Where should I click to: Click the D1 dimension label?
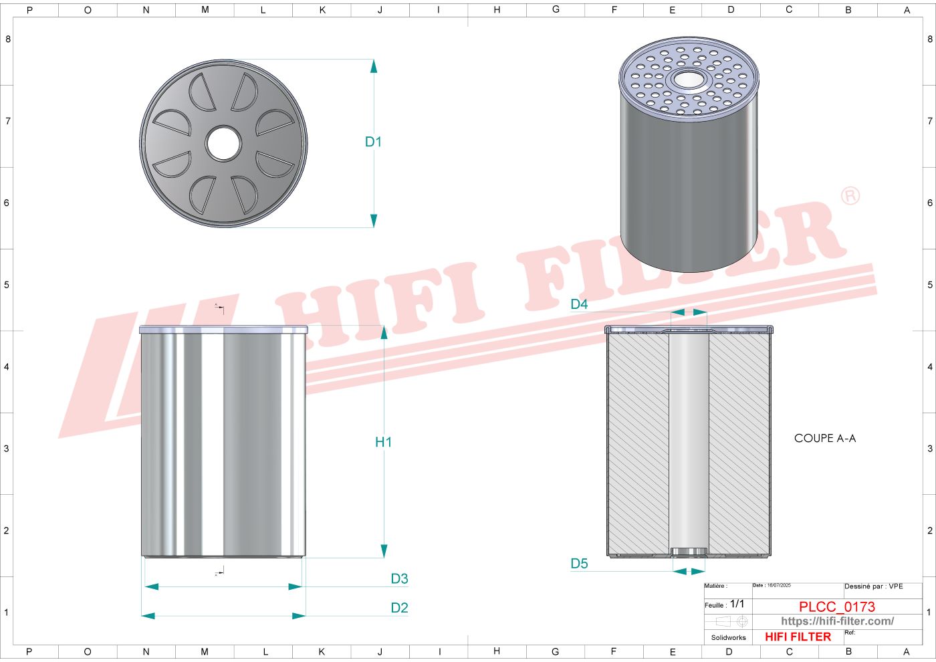point(373,142)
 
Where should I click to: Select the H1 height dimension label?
point(383,442)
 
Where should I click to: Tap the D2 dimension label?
point(399,608)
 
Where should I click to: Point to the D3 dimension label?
point(399,579)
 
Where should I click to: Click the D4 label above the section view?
point(579,304)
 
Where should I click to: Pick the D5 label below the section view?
point(579,564)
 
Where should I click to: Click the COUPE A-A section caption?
point(824,438)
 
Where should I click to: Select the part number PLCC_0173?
point(836,606)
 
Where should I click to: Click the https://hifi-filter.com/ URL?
point(837,621)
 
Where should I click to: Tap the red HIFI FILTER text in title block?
point(798,637)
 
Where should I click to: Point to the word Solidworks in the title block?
point(728,638)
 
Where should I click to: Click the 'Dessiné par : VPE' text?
point(873,586)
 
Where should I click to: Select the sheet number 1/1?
point(737,604)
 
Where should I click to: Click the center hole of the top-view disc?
point(223,143)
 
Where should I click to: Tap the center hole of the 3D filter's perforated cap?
point(689,80)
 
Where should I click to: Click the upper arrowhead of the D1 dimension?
point(374,66)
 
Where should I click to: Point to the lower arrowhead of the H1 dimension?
point(384,550)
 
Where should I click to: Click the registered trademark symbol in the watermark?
point(850,196)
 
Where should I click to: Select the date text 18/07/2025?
point(778,586)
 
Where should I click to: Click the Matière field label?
point(715,586)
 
